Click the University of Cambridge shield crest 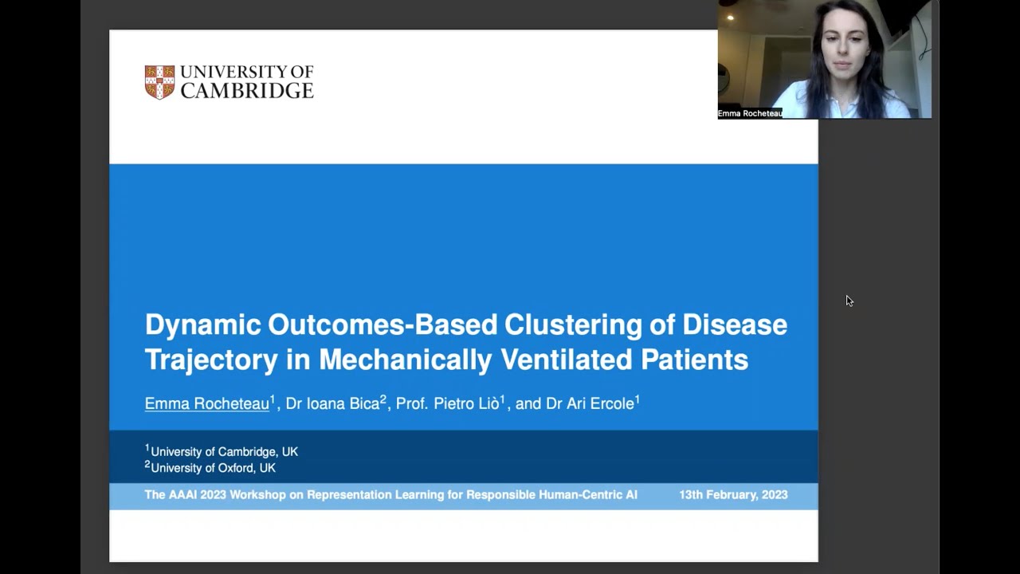pyautogui.click(x=159, y=82)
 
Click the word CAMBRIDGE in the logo pyautogui.click(x=247, y=91)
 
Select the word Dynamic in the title pyautogui.click(x=202, y=324)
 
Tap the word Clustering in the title pyautogui.click(x=589, y=324)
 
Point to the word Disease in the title pyautogui.click(x=735, y=324)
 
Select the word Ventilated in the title pyautogui.click(x=567, y=360)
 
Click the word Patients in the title pyautogui.click(x=694, y=360)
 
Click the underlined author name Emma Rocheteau pyautogui.click(x=207, y=404)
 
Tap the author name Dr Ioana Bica pyautogui.click(x=332, y=404)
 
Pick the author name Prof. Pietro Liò pyautogui.click(x=447, y=404)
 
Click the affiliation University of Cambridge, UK pyautogui.click(x=224, y=452)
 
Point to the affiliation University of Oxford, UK pyautogui.click(x=213, y=468)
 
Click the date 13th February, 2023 pyautogui.click(x=733, y=495)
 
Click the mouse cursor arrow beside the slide pyautogui.click(x=849, y=300)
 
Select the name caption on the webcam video pyautogui.click(x=749, y=114)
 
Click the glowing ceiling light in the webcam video pyautogui.click(x=730, y=18)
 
